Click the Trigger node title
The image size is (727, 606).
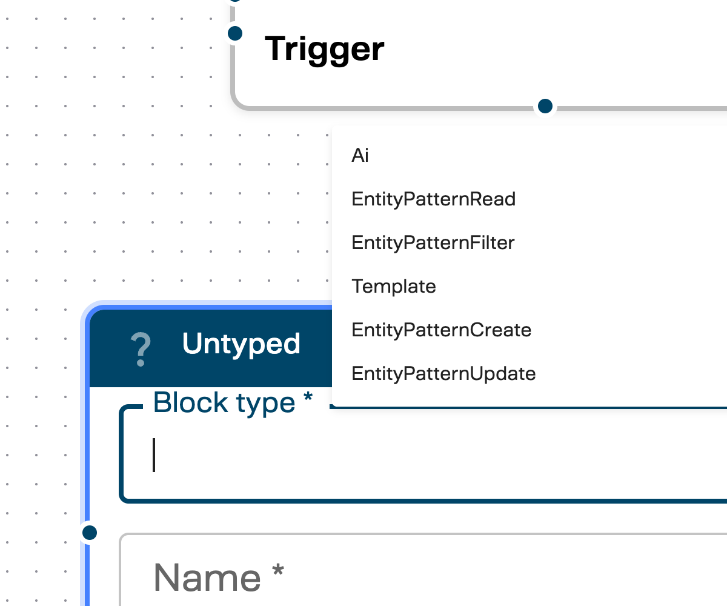point(325,48)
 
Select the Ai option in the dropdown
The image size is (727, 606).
point(360,156)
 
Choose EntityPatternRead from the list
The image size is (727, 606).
point(433,199)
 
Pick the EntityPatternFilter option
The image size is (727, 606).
point(433,243)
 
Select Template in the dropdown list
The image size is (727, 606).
point(393,286)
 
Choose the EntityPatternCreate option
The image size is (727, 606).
point(441,330)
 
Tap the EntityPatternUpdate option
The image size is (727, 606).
point(443,373)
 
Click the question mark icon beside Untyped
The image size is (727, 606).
point(141,349)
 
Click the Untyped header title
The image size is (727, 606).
point(241,344)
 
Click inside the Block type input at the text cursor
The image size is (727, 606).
point(155,455)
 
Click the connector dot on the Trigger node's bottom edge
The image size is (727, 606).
point(545,106)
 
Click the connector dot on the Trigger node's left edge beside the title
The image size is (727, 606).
point(235,33)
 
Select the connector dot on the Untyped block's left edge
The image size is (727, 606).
point(90,533)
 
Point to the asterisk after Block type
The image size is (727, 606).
point(308,397)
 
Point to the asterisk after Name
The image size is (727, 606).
point(277,571)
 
